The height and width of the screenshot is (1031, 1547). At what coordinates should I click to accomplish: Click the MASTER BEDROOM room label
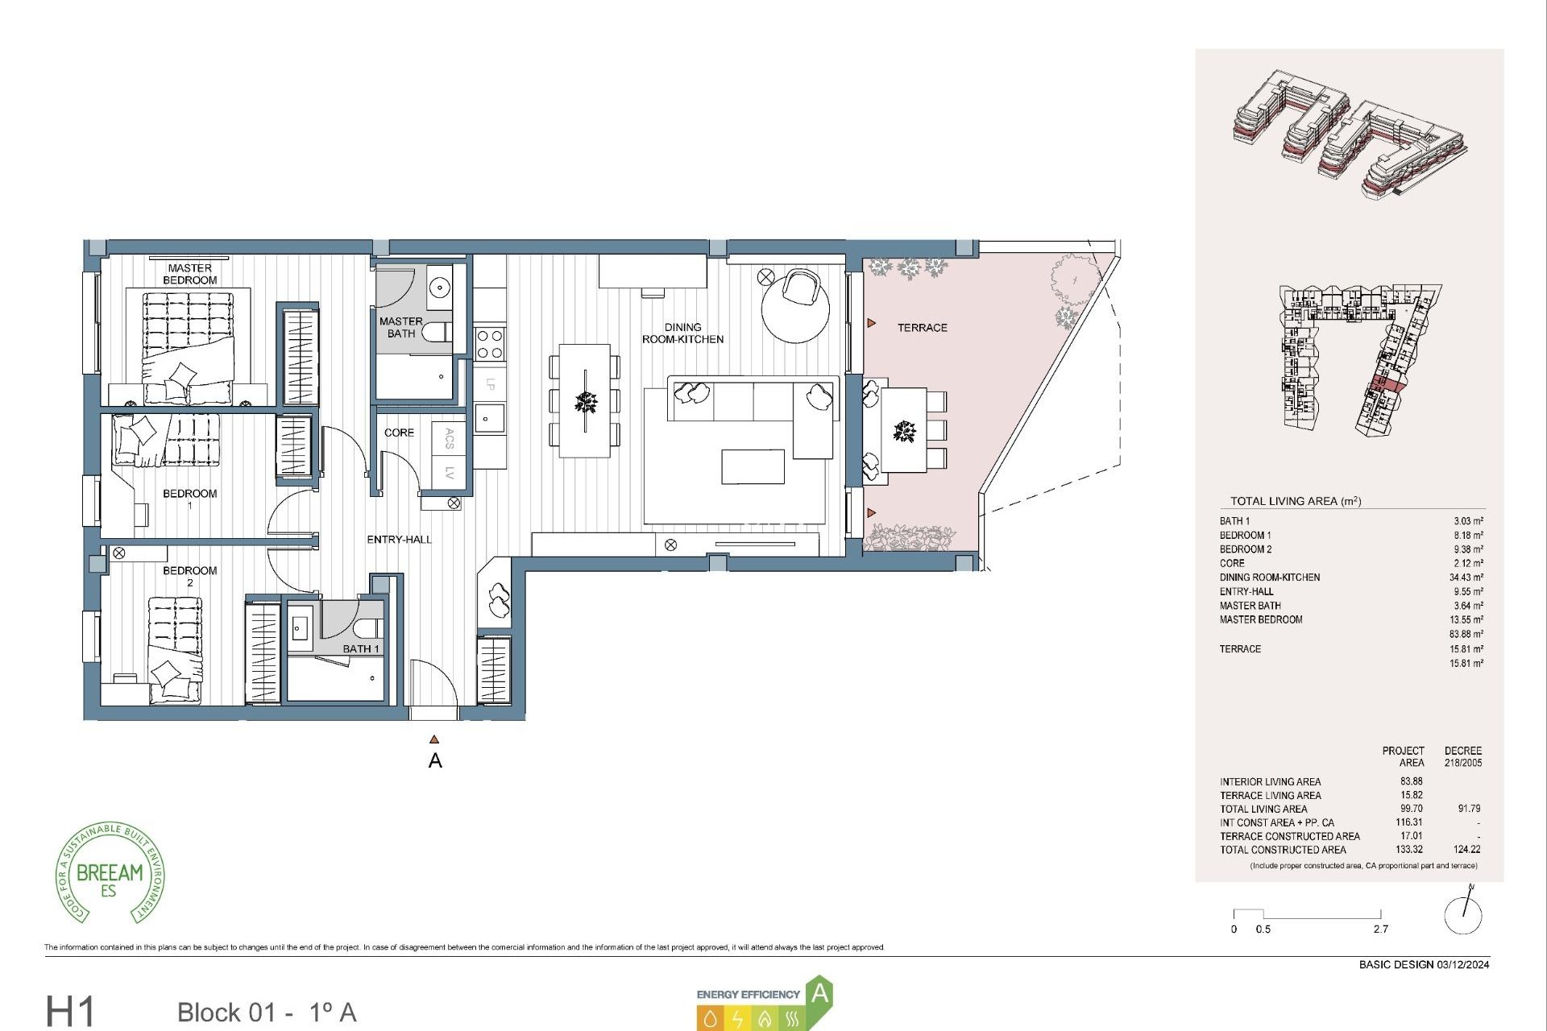[x=189, y=274]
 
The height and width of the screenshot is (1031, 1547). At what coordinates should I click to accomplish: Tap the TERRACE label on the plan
[x=922, y=328]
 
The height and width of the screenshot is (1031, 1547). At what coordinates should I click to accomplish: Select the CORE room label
[x=399, y=433]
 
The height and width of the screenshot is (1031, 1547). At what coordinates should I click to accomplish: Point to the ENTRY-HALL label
[x=399, y=540]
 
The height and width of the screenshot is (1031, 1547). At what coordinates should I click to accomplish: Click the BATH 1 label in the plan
[x=360, y=648]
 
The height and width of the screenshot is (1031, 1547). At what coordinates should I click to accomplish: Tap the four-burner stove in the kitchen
[x=490, y=344]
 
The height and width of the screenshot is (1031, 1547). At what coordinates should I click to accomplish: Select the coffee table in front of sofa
[x=753, y=467]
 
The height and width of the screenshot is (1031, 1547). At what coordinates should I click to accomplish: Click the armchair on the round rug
[x=802, y=288]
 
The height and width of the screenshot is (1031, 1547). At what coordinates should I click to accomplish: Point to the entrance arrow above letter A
[x=434, y=739]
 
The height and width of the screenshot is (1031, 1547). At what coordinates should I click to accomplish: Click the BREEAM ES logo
[x=110, y=874]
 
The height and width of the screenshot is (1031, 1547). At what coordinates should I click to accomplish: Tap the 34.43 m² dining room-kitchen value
[x=1466, y=578]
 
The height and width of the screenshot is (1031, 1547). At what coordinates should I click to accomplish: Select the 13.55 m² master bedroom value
[x=1466, y=620]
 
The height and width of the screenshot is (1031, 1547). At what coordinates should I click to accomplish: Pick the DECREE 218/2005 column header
[x=1462, y=756]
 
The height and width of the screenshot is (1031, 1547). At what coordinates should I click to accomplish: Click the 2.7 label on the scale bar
[x=1380, y=929]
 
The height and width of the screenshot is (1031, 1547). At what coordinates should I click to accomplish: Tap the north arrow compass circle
[x=1462, y=915]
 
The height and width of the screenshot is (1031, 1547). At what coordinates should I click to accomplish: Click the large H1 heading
[x=71, y=1012]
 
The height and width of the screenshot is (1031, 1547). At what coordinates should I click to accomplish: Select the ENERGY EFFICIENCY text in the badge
[x=748, y=994]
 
